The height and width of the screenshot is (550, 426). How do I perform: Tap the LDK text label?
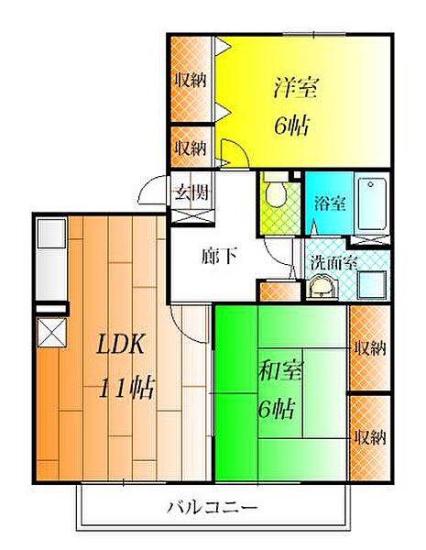(x=120, y=344)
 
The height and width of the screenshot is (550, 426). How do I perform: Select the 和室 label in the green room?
(x=280, y=370)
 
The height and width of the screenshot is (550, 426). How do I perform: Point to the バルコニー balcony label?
(x=213, y=507)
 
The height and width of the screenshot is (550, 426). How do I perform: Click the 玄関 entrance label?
(x=191, y=192)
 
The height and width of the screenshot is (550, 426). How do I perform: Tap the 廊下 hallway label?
(x=220, y=256)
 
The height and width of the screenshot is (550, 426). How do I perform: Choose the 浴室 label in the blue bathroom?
(x=330, y=203)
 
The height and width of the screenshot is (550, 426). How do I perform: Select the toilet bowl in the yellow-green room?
(x=277, y=194)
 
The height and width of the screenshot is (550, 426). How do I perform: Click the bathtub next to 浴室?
(x=372, y=203)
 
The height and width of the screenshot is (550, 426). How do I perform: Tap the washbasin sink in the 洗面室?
(x=322, y=287)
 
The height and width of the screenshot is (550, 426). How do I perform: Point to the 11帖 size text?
(x=126, y=388)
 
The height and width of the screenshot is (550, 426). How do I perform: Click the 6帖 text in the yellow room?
(x=291, y=126)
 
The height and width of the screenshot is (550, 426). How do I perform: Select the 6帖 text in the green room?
(x=276, y=409)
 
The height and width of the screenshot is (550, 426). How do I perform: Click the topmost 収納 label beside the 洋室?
(x=191, y=81)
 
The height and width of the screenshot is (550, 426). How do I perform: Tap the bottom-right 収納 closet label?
(x=370, y=437)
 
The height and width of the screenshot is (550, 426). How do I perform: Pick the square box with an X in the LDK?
(x=52, y=333)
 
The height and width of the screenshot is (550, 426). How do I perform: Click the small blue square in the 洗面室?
(x=372, y=285)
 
